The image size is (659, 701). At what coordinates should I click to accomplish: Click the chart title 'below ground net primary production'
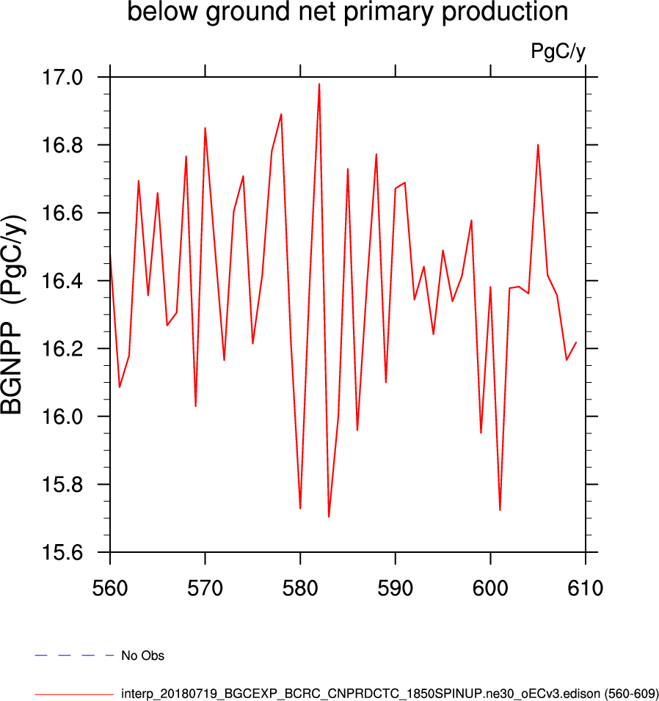(348, 12)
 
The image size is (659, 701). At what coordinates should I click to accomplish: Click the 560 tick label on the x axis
(110, 588)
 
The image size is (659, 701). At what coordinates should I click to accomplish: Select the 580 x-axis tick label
(300, 588)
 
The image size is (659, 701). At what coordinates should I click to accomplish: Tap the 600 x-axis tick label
(490, 588)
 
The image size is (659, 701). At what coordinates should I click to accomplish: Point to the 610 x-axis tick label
(585, 588)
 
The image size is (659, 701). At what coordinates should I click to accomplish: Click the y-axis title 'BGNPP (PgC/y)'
(15, 315)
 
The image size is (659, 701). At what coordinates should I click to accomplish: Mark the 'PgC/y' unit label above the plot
(558, 51)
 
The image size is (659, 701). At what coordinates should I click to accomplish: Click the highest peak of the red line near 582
(319, 84)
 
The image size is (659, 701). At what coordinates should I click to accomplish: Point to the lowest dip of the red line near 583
(329, 516)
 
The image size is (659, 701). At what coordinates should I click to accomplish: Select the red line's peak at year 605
(538, 145)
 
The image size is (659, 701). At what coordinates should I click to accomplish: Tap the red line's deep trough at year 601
(500, 510)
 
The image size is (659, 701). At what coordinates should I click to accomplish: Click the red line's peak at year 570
(205, 129)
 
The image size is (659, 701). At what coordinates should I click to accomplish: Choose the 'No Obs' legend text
(142, 656)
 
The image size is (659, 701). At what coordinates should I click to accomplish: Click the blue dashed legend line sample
(74, 655)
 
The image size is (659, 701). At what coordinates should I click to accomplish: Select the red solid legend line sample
(74, 693)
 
